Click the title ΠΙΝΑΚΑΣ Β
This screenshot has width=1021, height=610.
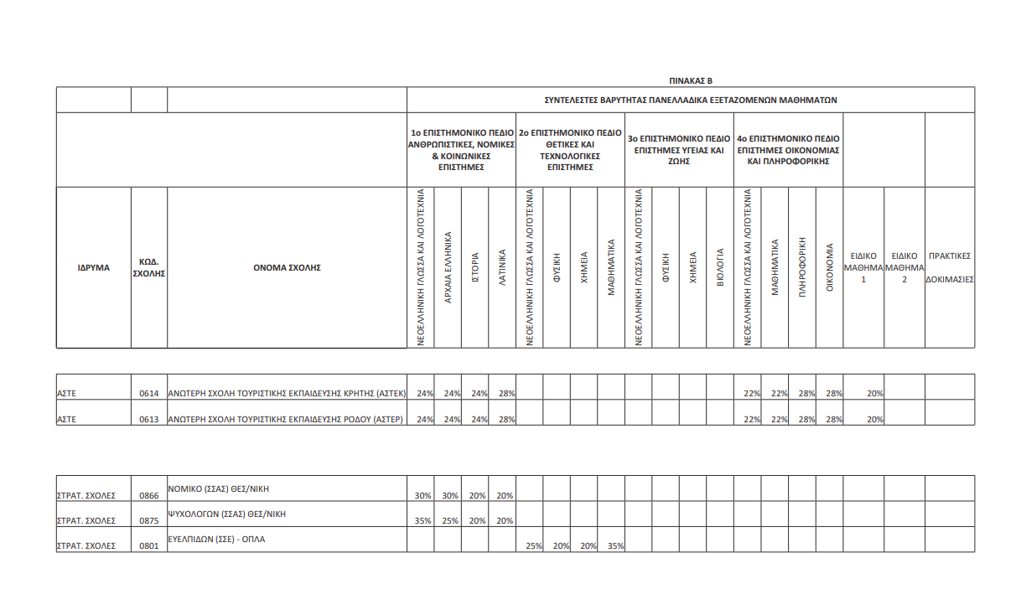tap(690, 81)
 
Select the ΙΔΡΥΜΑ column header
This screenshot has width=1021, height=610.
tap(94, 268)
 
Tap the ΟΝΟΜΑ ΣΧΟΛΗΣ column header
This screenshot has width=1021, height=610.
tap(287, 268)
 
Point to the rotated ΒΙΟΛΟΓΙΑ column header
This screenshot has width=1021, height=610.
tap(720, 267)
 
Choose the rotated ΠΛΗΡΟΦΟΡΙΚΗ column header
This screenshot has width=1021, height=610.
tap(802, 267)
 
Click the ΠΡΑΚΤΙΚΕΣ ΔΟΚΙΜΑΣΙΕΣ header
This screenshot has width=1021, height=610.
tap(950, 267)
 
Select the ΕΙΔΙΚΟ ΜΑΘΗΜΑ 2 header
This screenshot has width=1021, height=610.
tap(904, 267)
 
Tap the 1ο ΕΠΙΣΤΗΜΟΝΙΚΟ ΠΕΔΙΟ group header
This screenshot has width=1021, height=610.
tap(461, 150)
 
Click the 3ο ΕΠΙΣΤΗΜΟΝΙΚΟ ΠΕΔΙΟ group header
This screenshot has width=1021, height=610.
tap(679, 144)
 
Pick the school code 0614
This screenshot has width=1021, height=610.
tap(149, 394)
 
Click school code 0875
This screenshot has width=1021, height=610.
tap(149, 520)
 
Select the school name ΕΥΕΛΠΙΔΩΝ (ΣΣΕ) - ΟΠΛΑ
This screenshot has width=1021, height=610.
tap(217, 539)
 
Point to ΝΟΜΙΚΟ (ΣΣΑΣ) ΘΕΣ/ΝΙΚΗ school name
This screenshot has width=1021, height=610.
tap(218, 488)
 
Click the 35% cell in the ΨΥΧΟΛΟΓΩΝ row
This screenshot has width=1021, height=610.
tap(423, 520)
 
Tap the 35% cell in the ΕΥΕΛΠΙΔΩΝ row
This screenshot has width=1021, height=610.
tap(615, 546)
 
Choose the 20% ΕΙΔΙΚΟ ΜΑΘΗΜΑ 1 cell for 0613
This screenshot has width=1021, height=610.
tap(875, 419)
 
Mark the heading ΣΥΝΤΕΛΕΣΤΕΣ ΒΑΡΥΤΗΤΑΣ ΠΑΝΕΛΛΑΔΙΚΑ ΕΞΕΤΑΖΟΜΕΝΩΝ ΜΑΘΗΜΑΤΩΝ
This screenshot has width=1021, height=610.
tap(691, 100)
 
